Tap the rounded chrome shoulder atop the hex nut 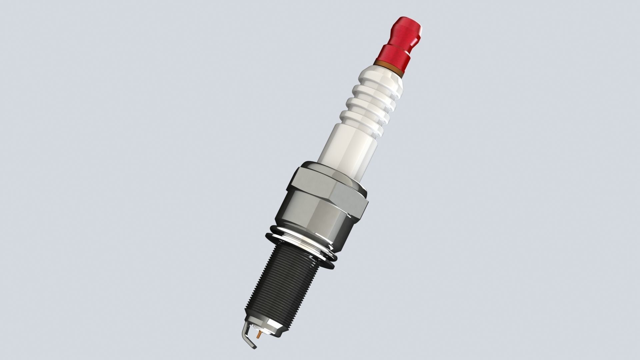(333, 170)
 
